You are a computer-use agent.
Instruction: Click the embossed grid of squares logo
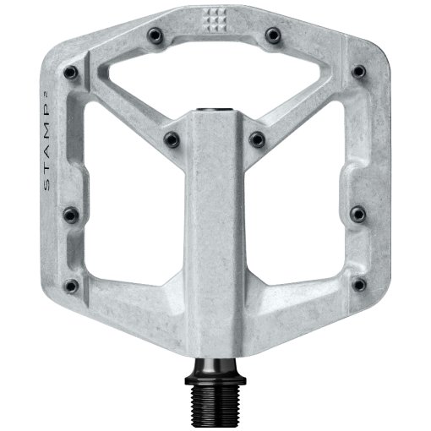(x=215, y=19)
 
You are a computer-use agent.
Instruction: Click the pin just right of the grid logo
(x=272, y=35)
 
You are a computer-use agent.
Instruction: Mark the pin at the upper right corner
(x=359, y=69)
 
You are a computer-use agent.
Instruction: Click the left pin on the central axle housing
(x=172, y=137)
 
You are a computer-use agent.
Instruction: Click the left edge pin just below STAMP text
(x=70, y=213)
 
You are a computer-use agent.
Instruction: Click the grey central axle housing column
(x=215, y=254)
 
